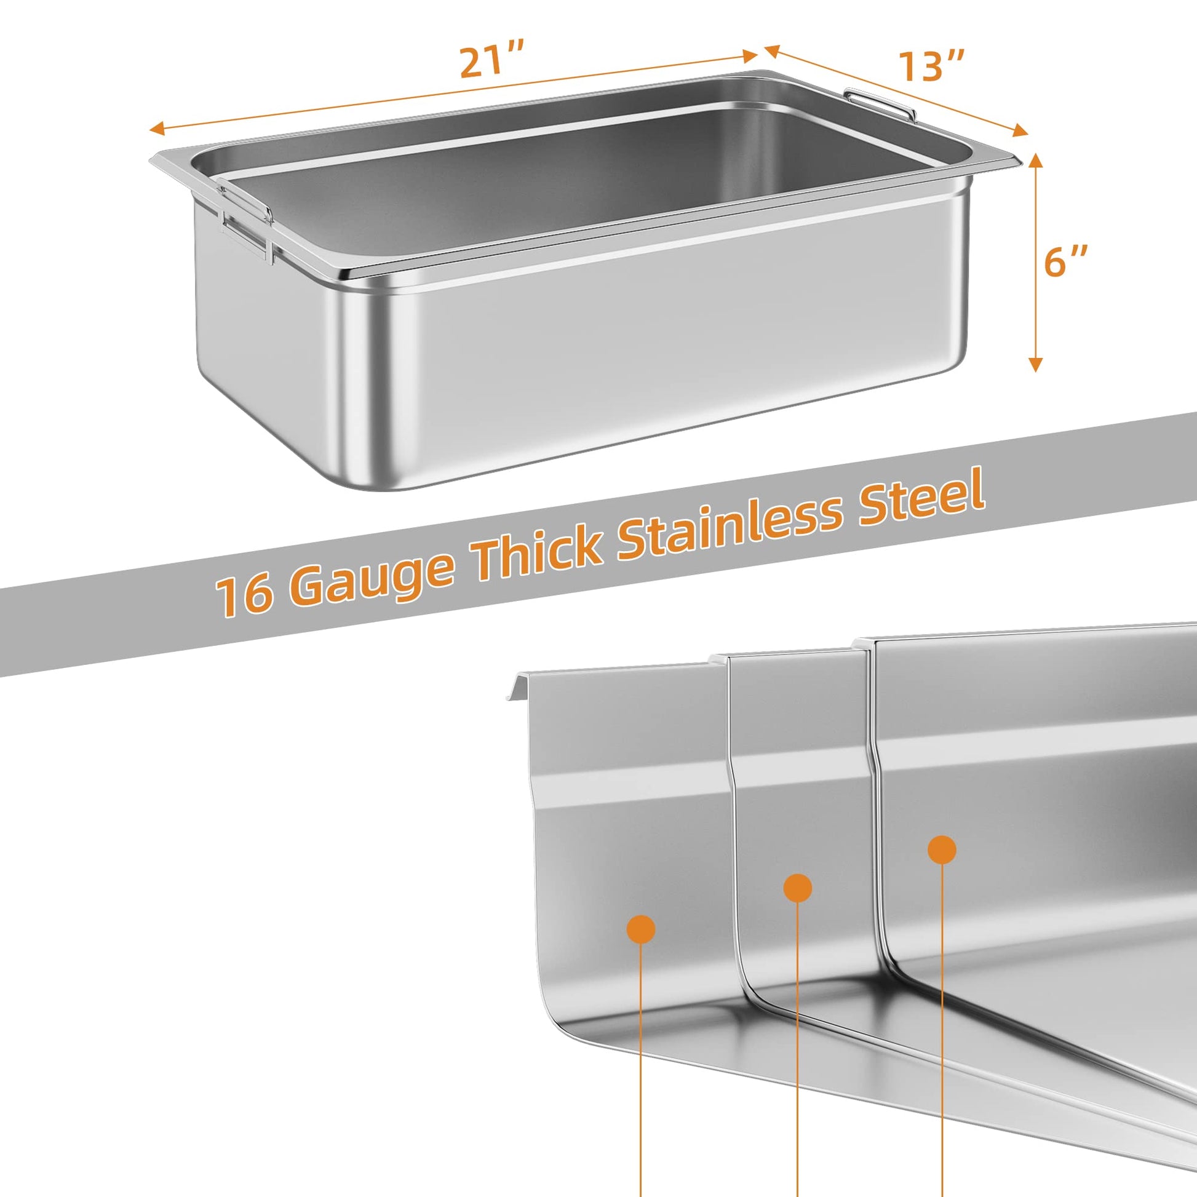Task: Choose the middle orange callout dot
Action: [x=797, y=888]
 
